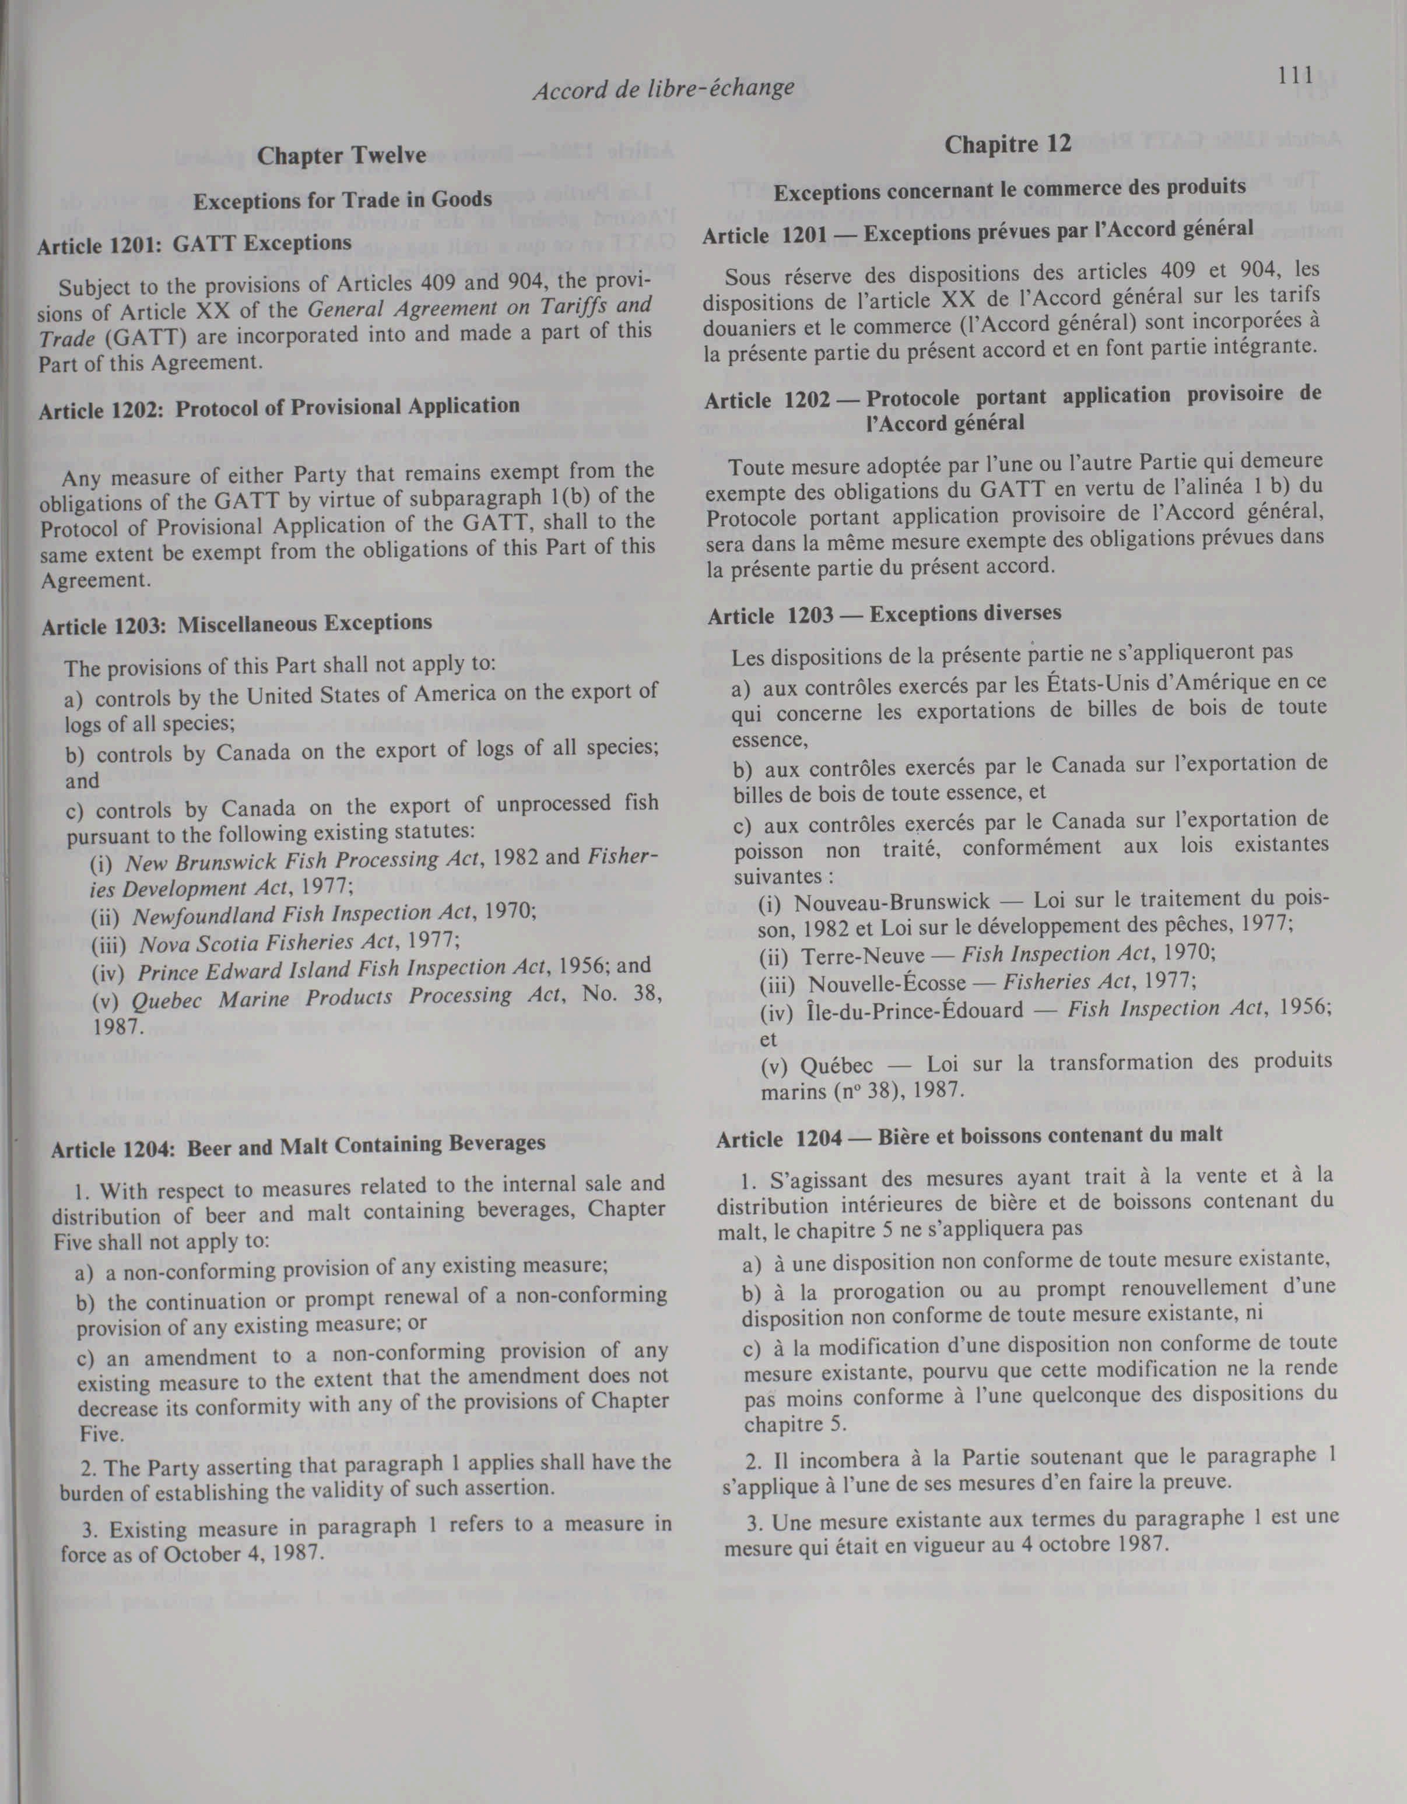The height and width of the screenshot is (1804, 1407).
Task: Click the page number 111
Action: (x=1294, y=76)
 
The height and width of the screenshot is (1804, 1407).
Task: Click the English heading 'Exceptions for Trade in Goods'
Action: (x=342, y=200)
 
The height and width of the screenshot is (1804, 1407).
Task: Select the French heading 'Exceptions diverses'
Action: (x=965, y=614)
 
